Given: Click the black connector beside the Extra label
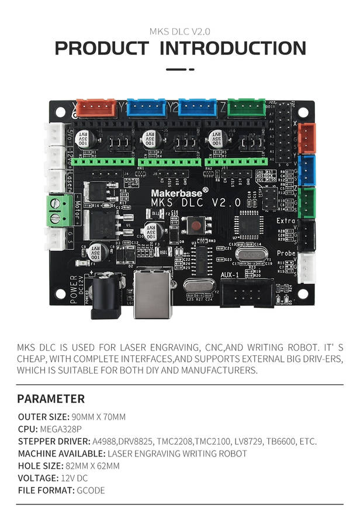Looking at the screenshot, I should point(306,234).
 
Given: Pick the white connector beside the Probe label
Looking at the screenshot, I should point(306,267).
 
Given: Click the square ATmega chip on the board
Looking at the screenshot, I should point(246,224).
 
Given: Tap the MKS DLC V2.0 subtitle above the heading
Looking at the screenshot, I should point(180,31).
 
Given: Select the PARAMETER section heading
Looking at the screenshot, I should point(51,399).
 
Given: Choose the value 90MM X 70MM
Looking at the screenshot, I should point(98,417).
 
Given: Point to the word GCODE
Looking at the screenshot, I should point(91,490).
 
